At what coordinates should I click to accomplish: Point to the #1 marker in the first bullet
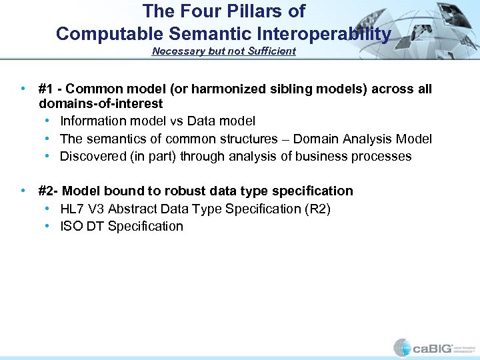coord(47,89)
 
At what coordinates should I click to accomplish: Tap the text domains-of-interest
coord(101,104)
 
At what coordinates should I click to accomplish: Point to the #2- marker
coord(49,191)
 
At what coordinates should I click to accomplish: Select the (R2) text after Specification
coord(317,209)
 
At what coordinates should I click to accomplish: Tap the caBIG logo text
coord(433,347)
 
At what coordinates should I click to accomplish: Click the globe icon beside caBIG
coord(402,347)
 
